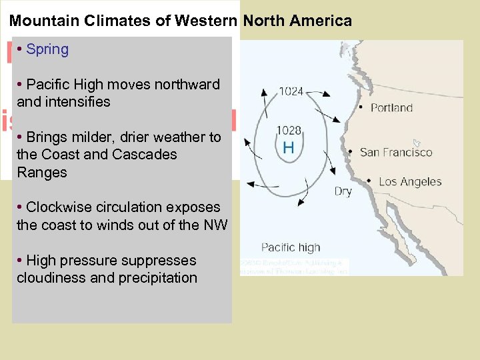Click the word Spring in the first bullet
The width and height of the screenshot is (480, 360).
click(x=47, y=49)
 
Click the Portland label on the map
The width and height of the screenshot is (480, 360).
click(x=391, y=108)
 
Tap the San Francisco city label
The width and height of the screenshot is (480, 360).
click(x=396, y=152)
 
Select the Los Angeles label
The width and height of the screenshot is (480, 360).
click(x=410, y=181)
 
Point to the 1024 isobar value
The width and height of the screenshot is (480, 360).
click(x=291, y=91)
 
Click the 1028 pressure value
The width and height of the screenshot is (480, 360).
click(x=289, y=130)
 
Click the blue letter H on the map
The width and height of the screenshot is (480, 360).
click(x=288, y=147)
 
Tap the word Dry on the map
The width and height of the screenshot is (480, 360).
click(x=343, y=192)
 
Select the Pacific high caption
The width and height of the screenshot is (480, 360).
click(x=291, y=247)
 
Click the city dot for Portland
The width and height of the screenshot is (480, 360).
click(x=361, y=107)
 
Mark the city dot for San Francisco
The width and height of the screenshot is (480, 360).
click(x=350, y=152)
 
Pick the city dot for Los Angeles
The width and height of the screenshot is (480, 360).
click(x=369, y=181)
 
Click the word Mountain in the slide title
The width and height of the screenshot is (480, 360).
click(x=45, y=21)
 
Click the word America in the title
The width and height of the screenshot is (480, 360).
click(x=322, y=21)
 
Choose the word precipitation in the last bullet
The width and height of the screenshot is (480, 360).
click(x=157, y=278)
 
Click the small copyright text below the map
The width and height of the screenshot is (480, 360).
click(x=293, y=267)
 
